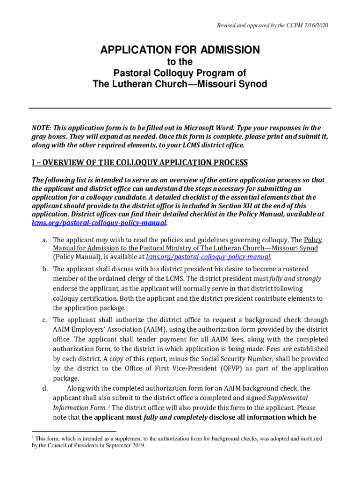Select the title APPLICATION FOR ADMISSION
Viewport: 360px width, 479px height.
click(180, 50)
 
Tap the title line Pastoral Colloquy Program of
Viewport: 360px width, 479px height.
click(180, 73)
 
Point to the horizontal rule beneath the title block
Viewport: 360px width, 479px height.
click(180, 108)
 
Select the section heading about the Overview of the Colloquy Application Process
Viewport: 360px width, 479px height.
click(139, 163)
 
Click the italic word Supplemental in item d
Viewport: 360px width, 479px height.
click(287, 398)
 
